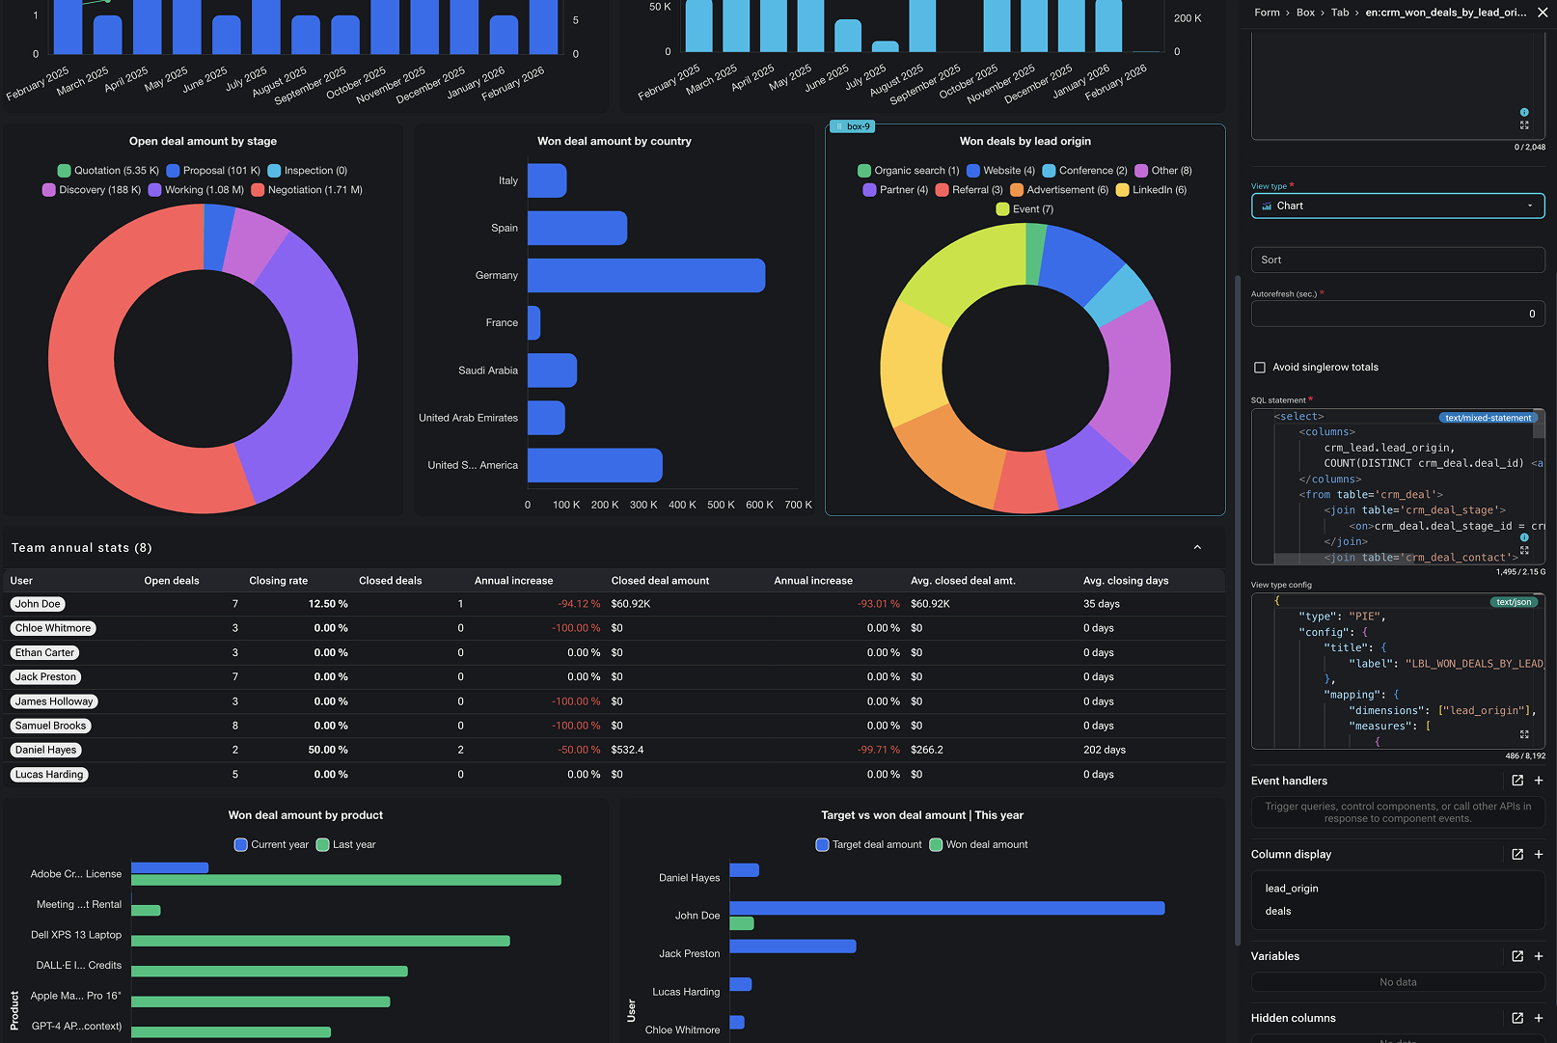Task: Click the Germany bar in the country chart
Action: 646,275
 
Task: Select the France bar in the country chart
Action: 533,322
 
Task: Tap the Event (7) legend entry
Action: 1024,209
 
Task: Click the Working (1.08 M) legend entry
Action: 196,190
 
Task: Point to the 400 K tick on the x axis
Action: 682,505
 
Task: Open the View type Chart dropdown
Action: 1398,206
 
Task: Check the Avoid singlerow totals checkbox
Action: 1260,368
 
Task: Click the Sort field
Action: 1398,261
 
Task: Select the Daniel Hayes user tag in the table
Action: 46,750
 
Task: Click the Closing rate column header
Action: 278,581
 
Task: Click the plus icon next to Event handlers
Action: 1539,781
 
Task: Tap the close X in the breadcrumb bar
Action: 1542,13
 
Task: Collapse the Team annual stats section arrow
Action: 1197,548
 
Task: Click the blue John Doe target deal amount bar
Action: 946,908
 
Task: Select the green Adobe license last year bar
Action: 346,880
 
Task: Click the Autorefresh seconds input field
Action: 1398,314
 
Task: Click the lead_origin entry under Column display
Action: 1292,889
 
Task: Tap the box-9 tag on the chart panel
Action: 852,126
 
